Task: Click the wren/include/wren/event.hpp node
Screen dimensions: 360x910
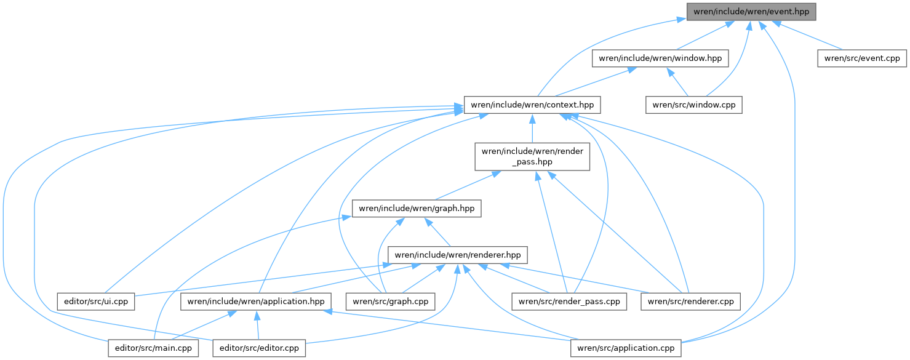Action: [x=751, y=11]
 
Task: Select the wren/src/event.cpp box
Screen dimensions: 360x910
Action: [x=861, y=58]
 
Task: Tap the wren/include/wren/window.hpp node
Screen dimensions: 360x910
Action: [x=660, y=58]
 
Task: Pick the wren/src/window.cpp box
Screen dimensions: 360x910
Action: [x=693, y=105]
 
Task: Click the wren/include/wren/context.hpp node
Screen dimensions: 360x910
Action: [x=532, y=105]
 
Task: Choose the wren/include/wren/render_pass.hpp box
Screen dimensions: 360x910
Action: [x=532, y=156]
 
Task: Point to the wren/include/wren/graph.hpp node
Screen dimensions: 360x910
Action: [x=416, y=209]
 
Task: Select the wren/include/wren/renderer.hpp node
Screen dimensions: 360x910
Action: [x=458, y=254]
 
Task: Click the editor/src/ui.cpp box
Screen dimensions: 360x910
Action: [x=95, y=302]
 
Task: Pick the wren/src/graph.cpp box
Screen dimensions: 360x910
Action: [x=391, y=302]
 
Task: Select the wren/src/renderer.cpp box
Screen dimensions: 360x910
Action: [x=690, y=302]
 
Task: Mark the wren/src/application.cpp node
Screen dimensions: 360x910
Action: [x=626, y=348]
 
